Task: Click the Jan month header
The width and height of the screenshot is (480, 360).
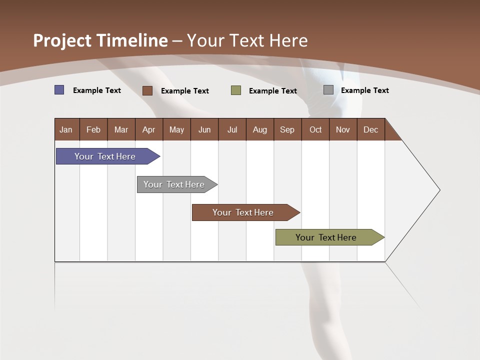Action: click(x=66, y=129)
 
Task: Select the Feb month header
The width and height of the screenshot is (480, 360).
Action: click(x=93, y=129)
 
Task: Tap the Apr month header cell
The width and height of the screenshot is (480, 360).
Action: click(x=149, y=129)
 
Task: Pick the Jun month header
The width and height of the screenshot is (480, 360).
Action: click(x=204, y=129)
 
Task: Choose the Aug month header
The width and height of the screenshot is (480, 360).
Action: click(x=260, y=129)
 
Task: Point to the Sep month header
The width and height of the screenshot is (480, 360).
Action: click(x=287, y=129)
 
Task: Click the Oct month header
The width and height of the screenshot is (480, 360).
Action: click(x=315, y=129)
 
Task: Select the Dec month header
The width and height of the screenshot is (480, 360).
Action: click(x=371, y=129)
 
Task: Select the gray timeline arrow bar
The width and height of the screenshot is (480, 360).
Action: click(x=175, y=184)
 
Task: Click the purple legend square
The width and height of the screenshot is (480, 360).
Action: click(x=59, y=90)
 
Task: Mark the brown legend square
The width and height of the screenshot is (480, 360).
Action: click(x=147, y=90)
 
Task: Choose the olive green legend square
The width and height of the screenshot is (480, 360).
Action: click(x=236, y=90)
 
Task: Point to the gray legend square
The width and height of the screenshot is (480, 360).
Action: click(x=328, y=90)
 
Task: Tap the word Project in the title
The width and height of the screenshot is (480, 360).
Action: click(x=62, y=40)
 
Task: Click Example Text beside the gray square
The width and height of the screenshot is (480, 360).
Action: click(x=364, y=90)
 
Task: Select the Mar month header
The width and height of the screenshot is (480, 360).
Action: click(x=121, y=129)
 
